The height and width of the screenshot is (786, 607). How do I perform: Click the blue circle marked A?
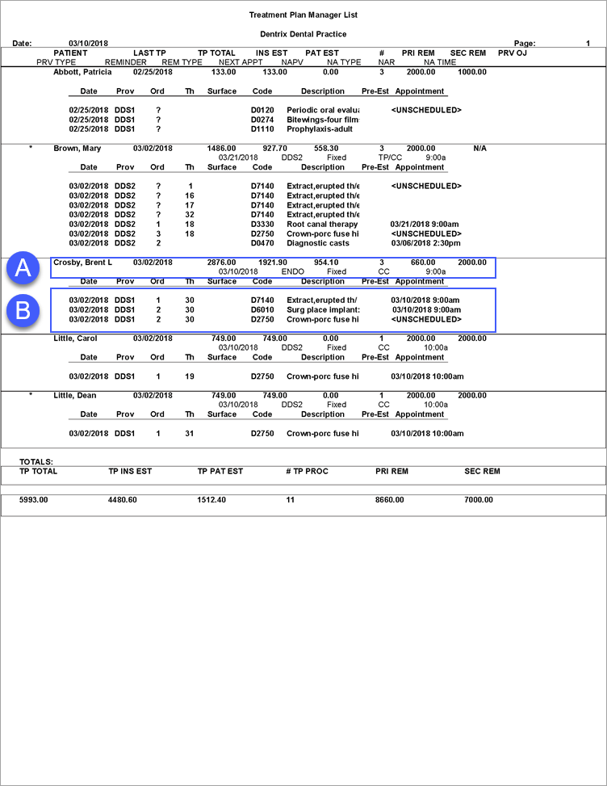tap(23, 267)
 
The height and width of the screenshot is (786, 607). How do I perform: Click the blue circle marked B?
tap(23, 309)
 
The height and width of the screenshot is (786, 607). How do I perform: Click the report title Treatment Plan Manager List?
tap(303, 15)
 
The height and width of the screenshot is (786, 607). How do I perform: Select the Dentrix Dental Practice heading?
tap(303, 34)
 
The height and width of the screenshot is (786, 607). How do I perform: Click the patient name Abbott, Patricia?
tap(82, 72)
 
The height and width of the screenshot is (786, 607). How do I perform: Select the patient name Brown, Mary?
tap(77, 149)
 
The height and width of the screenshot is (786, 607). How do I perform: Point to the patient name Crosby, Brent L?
tap(82, 263)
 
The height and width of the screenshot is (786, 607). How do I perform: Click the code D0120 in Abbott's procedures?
tap(263, 110)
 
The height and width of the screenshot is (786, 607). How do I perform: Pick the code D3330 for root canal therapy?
tap(263, 224)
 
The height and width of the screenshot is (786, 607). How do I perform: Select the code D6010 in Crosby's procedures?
tap(263, 309)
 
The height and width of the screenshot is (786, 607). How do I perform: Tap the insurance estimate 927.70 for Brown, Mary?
tap(274, 149)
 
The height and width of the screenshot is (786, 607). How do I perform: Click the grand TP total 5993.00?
tap(34, 500)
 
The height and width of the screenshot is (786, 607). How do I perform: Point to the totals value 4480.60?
tap(123, 500)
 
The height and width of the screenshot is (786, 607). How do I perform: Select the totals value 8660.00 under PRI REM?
tap(390, 500)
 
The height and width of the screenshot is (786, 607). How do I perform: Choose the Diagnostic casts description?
tap(317, 243)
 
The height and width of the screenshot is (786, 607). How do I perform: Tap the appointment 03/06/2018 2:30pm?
tap(425, 243)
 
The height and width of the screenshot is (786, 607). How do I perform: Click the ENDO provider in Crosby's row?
tap(292, 272)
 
